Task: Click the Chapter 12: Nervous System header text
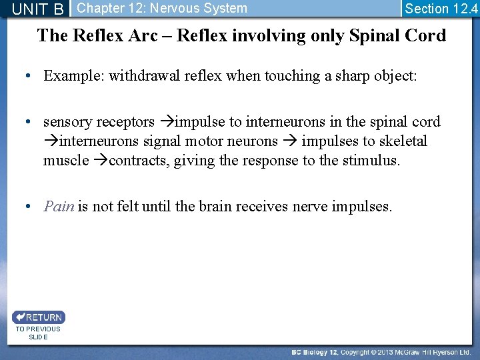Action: tap(162, 9)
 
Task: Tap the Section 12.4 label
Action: tap(441, 9)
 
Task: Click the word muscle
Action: tap(66, 161)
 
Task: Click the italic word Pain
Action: tap(59, 207)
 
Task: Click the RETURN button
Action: tap(38, 317)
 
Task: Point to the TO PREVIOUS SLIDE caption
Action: tap(38, 333)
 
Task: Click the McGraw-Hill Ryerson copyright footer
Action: tap(380, 351)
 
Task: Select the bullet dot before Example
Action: tap(30, 76)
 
